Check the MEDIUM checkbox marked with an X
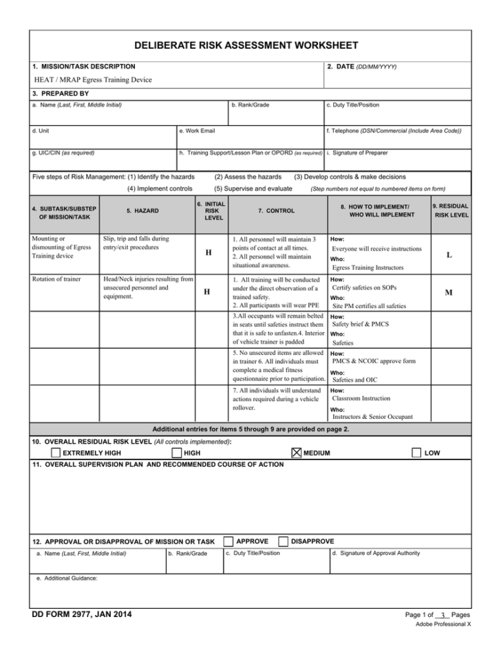pos(297,453)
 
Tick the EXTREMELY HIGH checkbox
pos(56,453)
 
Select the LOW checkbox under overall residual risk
pos(417,453)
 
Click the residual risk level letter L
pos(449,255)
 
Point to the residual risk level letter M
pos(449,292)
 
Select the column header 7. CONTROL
pos(276,210)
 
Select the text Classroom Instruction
pos(361,398)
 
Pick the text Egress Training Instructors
pos(367,267)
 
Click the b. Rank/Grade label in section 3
pos(250,105)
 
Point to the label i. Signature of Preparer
pos(356,153)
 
